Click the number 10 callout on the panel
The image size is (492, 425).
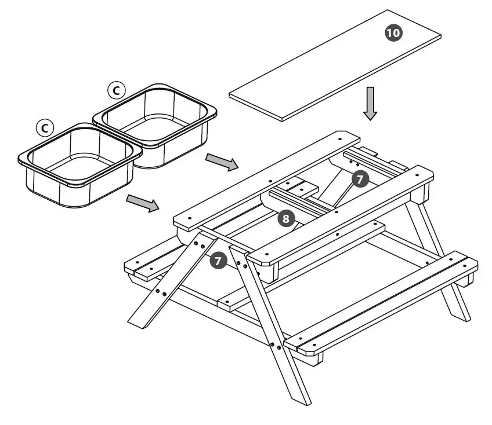393,33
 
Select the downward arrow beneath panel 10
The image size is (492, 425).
370,104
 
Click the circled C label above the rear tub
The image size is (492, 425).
116,90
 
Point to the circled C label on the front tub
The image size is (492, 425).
44,127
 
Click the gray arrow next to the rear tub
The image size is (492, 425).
222,163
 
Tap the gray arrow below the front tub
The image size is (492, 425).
143,203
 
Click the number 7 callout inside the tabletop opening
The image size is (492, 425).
360,179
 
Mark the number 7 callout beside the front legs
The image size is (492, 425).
218,261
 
